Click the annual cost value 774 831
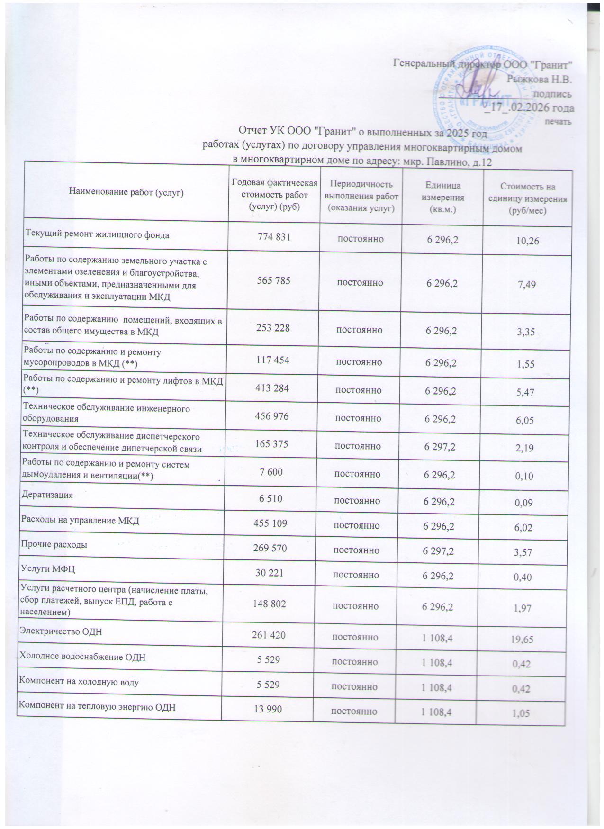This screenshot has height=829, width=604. [273, 236]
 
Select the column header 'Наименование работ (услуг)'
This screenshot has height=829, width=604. [126, 192]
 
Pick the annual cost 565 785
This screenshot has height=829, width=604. [273, 281]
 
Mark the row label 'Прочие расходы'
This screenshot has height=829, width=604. [53, 545]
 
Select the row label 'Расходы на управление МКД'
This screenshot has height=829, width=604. [80, 521]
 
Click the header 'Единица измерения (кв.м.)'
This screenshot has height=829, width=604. [442, 197]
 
